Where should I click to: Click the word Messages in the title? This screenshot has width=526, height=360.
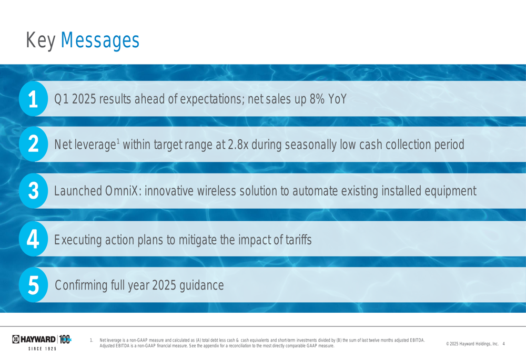100,41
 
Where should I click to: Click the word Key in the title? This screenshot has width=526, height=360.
41,41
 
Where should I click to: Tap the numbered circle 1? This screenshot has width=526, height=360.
33,99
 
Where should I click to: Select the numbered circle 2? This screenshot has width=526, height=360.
33,144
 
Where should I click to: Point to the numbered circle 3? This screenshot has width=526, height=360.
33,191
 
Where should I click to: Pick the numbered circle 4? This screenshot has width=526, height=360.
33,239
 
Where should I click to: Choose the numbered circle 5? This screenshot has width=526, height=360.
33,285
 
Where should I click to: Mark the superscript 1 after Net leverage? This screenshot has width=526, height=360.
118,141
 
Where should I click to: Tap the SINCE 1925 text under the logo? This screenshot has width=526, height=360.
42,349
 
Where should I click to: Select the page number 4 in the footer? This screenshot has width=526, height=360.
503,344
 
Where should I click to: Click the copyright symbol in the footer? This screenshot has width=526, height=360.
448,344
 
